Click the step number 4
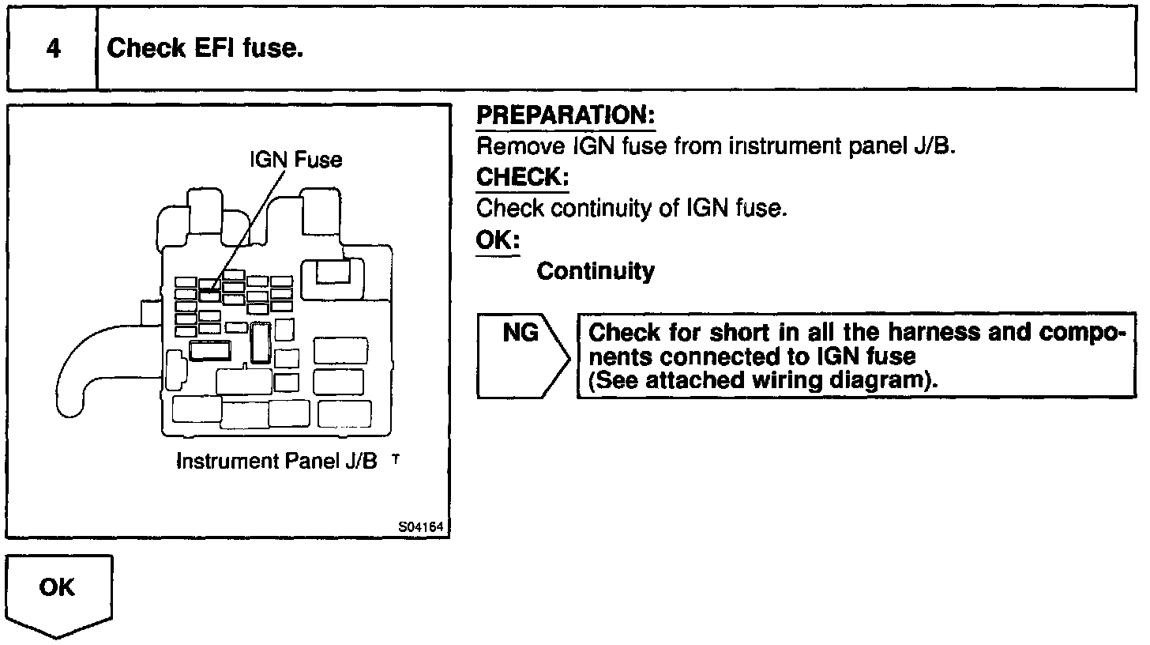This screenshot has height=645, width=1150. coord(53,49)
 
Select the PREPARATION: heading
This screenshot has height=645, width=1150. coord(566,116)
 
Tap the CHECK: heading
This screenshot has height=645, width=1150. coord(522,177)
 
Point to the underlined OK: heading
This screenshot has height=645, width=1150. coord(498,240)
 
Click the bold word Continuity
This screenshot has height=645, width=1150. coord(596,272)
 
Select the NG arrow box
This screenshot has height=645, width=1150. coord(521,356)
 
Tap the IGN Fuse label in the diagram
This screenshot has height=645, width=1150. coord(296,160)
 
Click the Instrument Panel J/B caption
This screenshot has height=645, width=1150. coord(277,462)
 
